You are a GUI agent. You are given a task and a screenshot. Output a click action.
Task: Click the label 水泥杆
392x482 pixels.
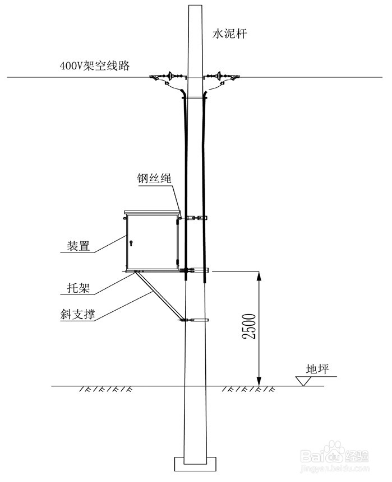[229, 34]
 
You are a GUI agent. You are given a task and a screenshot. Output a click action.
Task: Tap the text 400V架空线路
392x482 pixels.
[95, 66]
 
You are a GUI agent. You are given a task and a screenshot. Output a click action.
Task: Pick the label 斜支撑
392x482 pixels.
[79, 314]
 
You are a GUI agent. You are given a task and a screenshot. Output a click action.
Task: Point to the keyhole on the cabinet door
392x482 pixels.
[131, 243]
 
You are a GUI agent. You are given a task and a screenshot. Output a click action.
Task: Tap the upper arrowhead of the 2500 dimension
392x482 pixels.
[259, 275]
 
